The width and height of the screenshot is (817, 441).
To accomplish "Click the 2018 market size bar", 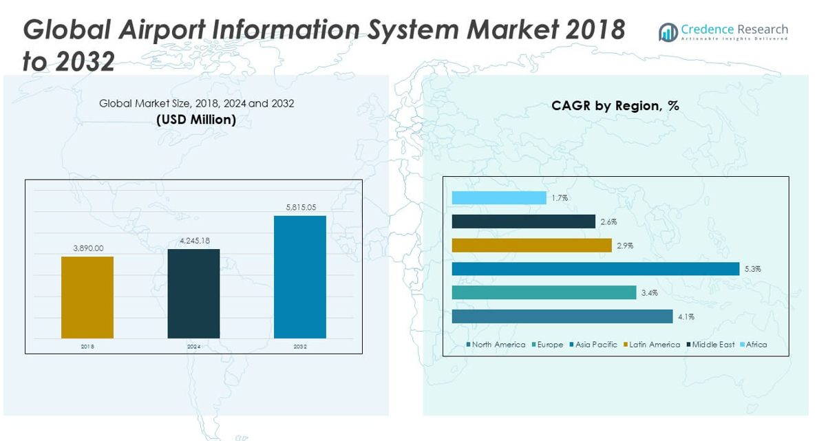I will click(x=87, y=297).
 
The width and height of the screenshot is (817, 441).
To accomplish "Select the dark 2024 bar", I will click(x=193, y=294).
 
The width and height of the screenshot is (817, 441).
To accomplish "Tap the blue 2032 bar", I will click(x=300, y=277).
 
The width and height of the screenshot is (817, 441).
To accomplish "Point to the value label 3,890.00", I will click(x=87, y=248).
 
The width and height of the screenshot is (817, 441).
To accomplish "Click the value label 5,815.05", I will click(x=300, y=207).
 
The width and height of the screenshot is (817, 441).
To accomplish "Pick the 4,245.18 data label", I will click(x=193, y=241).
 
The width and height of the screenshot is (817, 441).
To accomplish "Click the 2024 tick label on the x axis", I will click(x=193, y=347).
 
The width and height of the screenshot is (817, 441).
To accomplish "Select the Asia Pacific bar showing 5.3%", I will click(x=595, y=269).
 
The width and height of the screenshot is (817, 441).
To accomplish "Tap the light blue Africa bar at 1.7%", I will click(x=499, y=198).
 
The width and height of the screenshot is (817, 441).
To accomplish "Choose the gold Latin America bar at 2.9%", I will click(x=531, y=246).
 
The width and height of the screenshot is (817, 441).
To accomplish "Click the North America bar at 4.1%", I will click(x=562, y=316).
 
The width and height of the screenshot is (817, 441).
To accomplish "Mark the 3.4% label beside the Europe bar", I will click(x=650, y=293).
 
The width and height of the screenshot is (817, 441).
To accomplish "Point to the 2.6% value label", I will click(x=608, y=222).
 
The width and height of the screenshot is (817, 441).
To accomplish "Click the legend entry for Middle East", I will click(x=713, y=345).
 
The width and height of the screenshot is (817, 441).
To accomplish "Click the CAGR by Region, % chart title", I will click(x=615, y=106).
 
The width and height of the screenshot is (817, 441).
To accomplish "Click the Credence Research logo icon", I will click(x=668, y=32).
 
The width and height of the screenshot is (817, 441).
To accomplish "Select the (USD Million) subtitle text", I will click(x=196, y=120).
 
